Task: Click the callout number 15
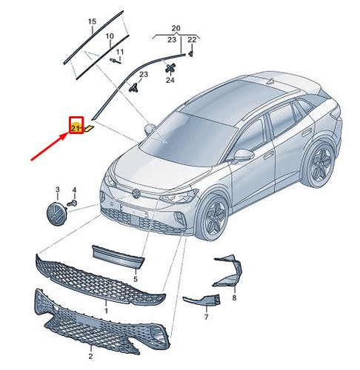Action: tap(92, 21)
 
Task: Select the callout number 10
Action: tap(110, 36)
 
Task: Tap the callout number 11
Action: tap(120, 52)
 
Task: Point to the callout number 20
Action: tap(176, 29)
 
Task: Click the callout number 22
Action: tap(192, 39)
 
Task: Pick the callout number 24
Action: tap(170, 80)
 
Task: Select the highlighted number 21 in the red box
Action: tap(75, 128)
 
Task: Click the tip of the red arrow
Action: tap(68, 133)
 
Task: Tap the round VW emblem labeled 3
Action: tap(57, 214)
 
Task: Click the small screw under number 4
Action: tap(73, 203)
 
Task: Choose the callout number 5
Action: tap(136, 279)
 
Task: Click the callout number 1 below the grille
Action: tap(106, 310)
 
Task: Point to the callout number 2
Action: tap(90, 356)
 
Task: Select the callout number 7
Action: tap(206, 317)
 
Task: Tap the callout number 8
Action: tap(234, 297)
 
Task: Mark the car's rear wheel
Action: tap(320, 164)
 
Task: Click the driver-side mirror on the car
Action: tap(244, 155)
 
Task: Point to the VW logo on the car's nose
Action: tap(136, 193)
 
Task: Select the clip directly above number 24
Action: tap(170, 67)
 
